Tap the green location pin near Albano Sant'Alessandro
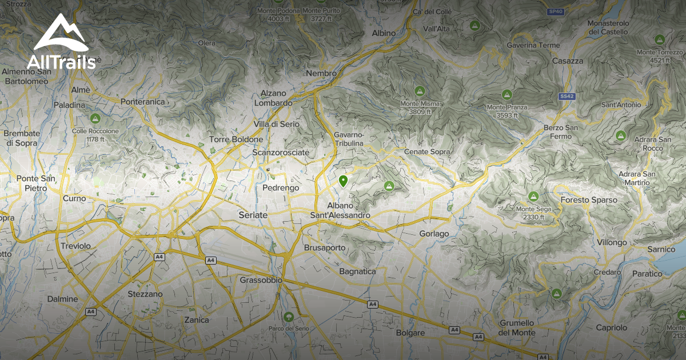point(343,182)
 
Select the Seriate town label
point(252,215)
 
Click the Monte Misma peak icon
point(420,91)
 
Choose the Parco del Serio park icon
point(288,317)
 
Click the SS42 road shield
point(567,97)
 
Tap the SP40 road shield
point(555,11)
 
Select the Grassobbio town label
point(261,281)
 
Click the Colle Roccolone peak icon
point(95,119)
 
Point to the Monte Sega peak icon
point(533,197)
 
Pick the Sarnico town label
point(661,249)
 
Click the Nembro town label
point(321,74)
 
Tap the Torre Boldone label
point(236,139)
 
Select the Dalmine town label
point(62,299)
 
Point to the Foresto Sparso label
point(589,200)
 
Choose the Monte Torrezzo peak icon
point(659,39)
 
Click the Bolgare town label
point(410,333)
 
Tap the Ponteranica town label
point(143,102)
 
